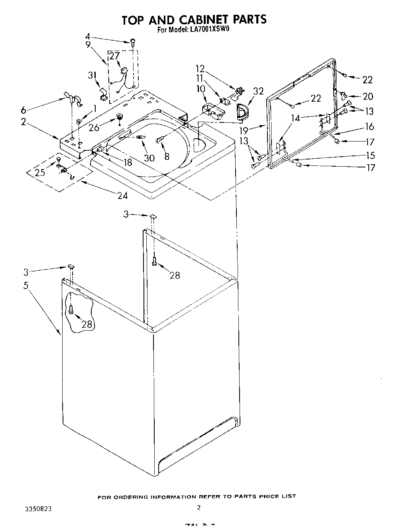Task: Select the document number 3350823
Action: [38, 509]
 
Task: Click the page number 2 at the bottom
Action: [198, 507]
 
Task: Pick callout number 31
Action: [92, 75]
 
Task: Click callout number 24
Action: [122, 195]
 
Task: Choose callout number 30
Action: [149, 158]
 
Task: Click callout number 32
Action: [258, 91]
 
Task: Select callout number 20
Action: [368, 96]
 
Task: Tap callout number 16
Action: [370, 126]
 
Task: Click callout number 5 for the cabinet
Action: [26, 286]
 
